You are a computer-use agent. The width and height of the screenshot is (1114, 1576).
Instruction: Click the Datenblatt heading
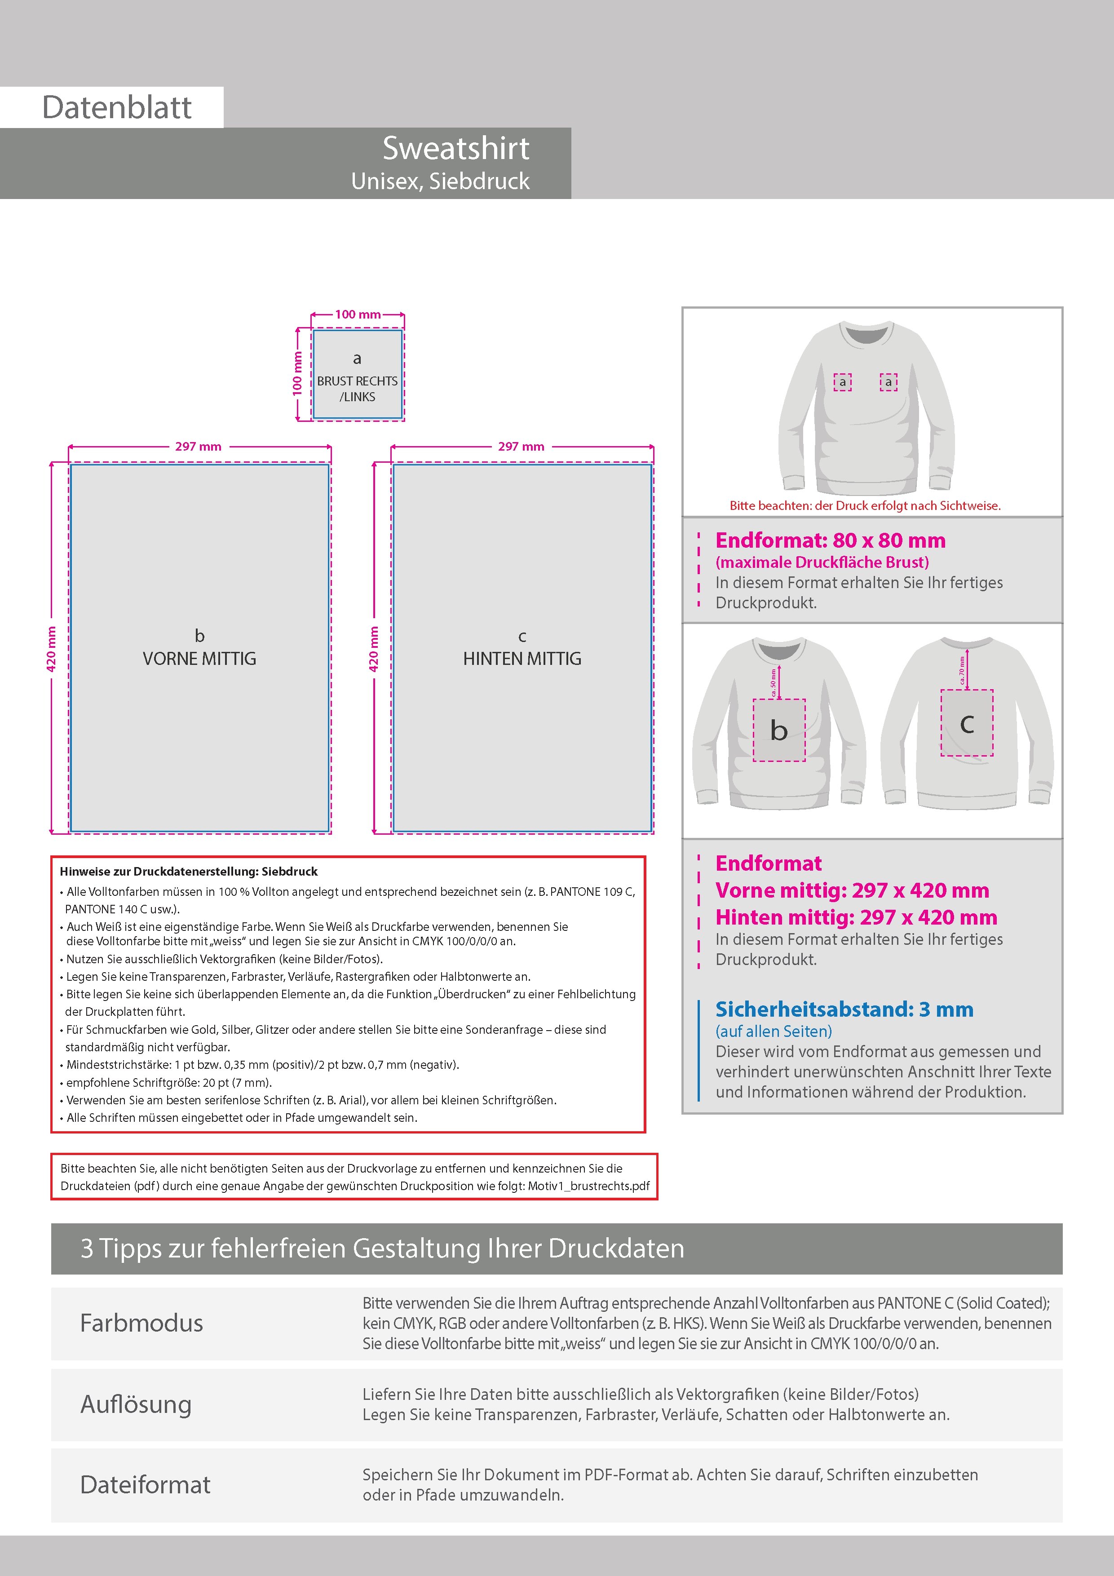coord(117,107)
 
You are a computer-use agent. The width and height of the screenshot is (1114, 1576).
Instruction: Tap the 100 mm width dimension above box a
coord(358,314)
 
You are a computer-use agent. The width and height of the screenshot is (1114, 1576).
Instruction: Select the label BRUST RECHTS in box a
coord(357,381)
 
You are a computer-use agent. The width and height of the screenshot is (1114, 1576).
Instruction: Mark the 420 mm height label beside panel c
coord(374,649)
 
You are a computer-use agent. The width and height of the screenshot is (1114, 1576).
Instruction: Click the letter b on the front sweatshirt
coord(778,731)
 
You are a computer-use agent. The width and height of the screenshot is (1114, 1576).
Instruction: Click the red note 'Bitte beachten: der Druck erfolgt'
coord(865,506)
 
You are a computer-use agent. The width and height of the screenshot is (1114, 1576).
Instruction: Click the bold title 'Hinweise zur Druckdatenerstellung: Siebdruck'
coord(189,872)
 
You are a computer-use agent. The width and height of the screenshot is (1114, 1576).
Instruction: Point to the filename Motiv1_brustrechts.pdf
coord(588,1186)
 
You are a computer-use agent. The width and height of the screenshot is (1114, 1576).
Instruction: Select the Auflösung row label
coord(136,1404)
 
